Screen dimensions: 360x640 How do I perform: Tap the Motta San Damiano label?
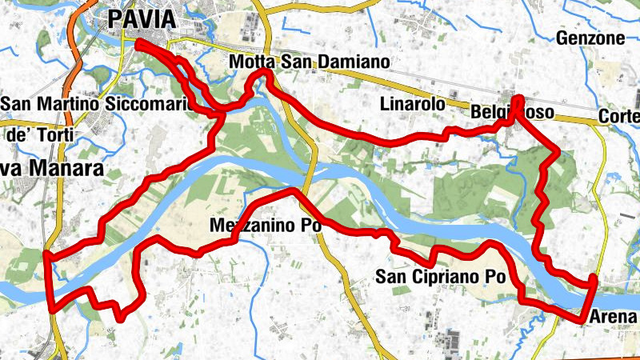click(x=308, y=62)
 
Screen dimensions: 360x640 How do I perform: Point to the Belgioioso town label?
click(x=513, y=114)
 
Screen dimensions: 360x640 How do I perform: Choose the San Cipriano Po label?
click(x=442, y=278)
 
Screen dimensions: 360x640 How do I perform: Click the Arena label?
click(x=615, y=318)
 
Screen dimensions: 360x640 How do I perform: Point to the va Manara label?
click(x=52, y=169)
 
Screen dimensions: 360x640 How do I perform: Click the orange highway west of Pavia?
click(x=74, y=56)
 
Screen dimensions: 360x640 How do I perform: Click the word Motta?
click(x=250, y=62)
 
